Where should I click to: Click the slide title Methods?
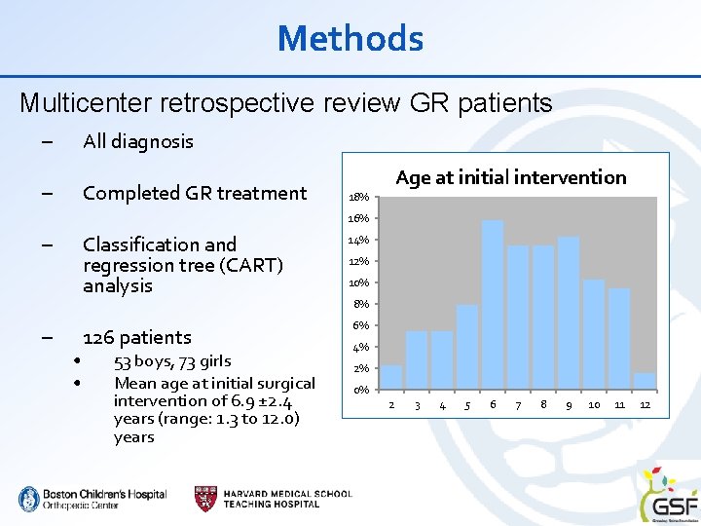[x=350, y=39]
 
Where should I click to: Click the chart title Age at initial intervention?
[x=511, y=177]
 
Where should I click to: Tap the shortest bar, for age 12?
[x=645, y=381]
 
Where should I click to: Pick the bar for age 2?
[x=391, y=377]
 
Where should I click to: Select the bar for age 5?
[x=467, y=347]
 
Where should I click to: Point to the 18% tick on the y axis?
[x=359, y=198]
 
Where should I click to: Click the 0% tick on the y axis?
[x=359, y=390]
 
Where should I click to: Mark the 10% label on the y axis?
[x=359, y=282]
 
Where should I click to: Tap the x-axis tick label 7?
[x=518, y=405]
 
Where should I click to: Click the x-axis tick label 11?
[x=619, y=405]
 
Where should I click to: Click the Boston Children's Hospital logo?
[x=92, y=499]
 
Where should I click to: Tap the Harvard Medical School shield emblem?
[x=205, y=497]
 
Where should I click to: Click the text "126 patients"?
[x=137, y=337]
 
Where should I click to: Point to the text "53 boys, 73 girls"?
[x=172, y=361]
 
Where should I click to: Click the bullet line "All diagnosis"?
[x=138, y=141]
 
